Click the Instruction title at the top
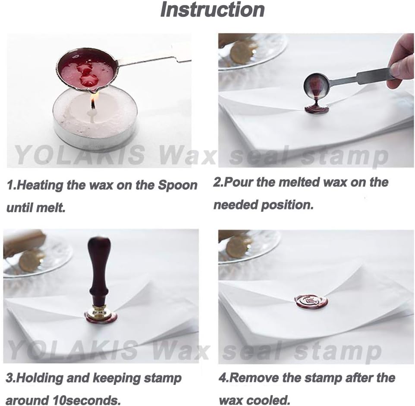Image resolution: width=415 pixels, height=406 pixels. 212,10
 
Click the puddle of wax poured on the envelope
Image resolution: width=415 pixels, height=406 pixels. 317,108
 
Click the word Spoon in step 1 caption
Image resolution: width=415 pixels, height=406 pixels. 178,186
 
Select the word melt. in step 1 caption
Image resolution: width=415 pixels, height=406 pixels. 50,208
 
